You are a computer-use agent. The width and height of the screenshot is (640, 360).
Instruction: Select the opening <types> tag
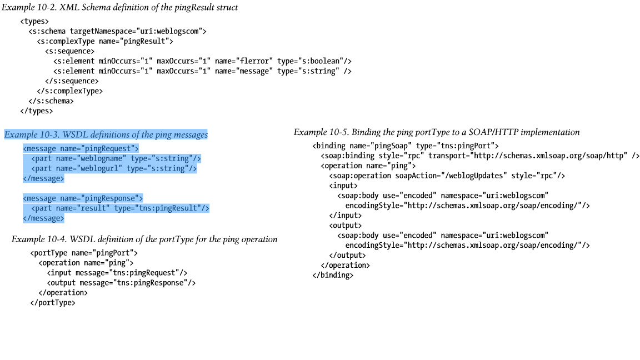[x=34, y=22]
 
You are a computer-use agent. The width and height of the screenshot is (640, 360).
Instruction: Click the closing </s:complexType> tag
[x=69, y=91]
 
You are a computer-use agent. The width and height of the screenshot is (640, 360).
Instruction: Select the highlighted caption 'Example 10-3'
[x=106, y=134]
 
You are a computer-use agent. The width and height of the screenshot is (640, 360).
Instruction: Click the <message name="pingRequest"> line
[x=81, y=148]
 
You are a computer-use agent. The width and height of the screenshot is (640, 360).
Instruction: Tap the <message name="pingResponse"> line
[x=83, y=198]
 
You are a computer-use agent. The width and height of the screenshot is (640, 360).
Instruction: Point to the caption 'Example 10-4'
[x=144, y=239]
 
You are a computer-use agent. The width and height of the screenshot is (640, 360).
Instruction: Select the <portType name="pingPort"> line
[x=84, y=253]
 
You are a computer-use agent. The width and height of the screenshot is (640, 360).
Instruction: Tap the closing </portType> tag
[x=53, y=303]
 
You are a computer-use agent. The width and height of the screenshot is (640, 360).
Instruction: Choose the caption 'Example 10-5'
[x=437, y=132]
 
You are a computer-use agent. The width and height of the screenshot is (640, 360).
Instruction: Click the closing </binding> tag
[x=333, y=275]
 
